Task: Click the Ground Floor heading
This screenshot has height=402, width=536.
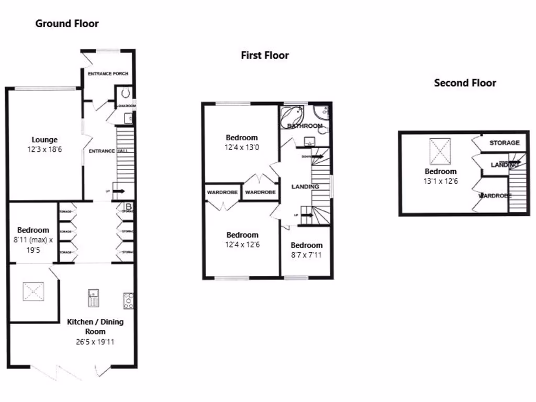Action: (67, 24)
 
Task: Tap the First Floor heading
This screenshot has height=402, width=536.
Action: (265, 55)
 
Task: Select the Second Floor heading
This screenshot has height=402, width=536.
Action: (465, 83)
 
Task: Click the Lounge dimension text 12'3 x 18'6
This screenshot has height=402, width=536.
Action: (44, 149)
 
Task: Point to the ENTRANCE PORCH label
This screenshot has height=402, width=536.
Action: (108, 74)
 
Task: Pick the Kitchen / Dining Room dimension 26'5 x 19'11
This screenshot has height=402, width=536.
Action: (95, 342)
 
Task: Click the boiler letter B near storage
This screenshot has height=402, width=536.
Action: (128, 206)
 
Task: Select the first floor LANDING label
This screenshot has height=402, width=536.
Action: (305, 187)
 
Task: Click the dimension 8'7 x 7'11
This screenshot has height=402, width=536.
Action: (307, 255)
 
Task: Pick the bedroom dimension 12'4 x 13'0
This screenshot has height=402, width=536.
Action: (242, 148)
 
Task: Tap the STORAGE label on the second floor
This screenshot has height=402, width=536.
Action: (505, 143)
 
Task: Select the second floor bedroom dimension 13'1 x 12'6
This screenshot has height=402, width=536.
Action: (440, 181)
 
